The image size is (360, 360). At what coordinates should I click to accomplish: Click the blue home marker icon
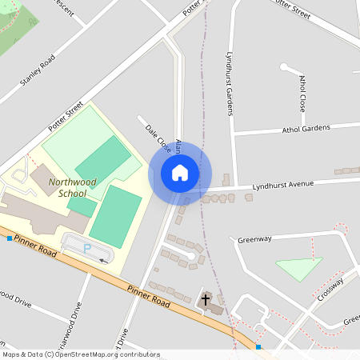tap(180, 172)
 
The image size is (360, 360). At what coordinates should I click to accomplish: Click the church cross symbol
tap(206, 300)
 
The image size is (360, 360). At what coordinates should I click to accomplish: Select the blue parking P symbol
tap(87, 249)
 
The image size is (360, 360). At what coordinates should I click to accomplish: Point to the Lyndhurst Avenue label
tap(282, 185)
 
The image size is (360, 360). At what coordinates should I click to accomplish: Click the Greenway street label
tap(255, 238)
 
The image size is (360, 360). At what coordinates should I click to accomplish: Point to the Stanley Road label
tap(38, 70)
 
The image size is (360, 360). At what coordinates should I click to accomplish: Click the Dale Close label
tap(158, 138)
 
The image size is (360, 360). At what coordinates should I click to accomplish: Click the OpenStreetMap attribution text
tap(81, 354)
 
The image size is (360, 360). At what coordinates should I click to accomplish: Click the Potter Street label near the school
tap(65, 115)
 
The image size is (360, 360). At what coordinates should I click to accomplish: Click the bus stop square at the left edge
tap(9, 238)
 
